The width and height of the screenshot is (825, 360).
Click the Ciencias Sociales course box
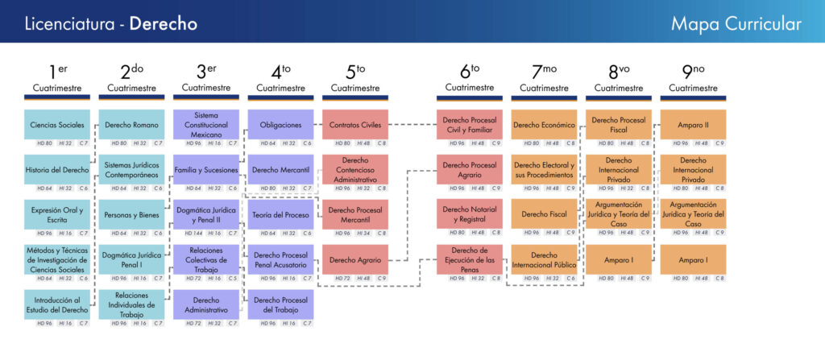[x=57, y=125]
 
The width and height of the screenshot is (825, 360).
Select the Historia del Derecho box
[x=57, y=170]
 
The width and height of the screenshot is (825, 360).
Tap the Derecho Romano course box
[x=131, y=125]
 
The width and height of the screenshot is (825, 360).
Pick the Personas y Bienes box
[x=131, y=215]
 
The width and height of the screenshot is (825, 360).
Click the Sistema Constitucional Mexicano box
[x=206, y=125]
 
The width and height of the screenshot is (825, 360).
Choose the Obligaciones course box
[x=280, y=125]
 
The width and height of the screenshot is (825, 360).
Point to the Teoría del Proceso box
[x=280, y=215]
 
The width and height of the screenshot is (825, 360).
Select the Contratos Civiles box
[x=355, y=125]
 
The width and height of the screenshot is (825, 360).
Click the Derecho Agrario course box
[x=355, y=260]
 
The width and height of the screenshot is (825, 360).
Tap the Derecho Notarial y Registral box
[x=470, y=215]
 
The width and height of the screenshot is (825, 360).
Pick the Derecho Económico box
[x=544, y=125]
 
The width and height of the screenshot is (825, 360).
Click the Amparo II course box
[x=694, y=125]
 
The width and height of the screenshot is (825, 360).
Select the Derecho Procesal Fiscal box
[x=619, y=125]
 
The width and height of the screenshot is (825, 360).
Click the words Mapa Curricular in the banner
[x=736, y=23]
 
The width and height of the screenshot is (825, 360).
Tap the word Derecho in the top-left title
[x=164, y=23]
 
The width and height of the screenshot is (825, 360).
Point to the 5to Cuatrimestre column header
[x=355, y=79]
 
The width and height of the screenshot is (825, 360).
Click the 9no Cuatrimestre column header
[x=694, y=79]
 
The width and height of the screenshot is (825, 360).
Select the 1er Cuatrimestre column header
[x=57, y=79]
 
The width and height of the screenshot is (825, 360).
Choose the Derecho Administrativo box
[x=206, y=305]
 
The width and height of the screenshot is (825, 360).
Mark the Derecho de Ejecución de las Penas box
[x=470, y=260]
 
